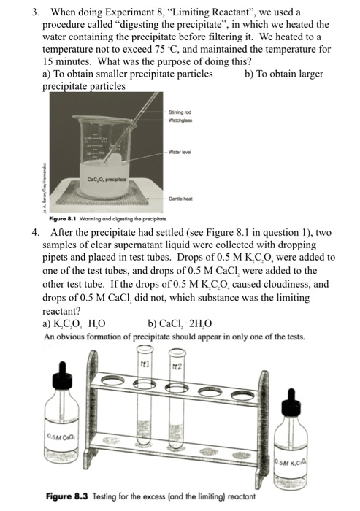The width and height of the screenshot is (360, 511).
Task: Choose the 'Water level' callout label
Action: tap(181, 153)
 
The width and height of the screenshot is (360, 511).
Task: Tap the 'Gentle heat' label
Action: tap(181, 199)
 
